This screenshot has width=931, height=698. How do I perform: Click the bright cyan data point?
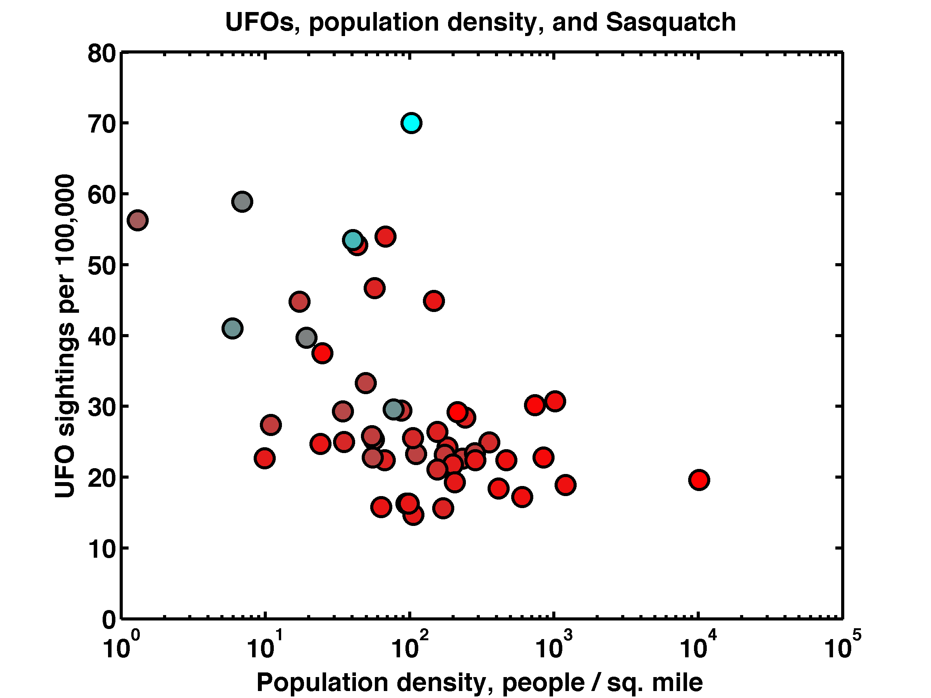click(x=411, y=123)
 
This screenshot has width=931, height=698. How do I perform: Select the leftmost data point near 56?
click(x=137, y=220)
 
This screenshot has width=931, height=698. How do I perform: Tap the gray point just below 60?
click(x=242, y=202)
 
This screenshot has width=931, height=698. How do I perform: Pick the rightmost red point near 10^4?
click(x=699, y=480)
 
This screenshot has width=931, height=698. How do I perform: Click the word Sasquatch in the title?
click(x=671, y=22)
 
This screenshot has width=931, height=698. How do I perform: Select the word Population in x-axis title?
click(x=322, y=682)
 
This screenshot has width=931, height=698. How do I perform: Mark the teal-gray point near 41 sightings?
click(x=232, y=329)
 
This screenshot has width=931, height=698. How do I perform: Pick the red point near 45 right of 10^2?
click(x=434, y=301)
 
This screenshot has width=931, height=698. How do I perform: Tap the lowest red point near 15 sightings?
click(x=413, y=515)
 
